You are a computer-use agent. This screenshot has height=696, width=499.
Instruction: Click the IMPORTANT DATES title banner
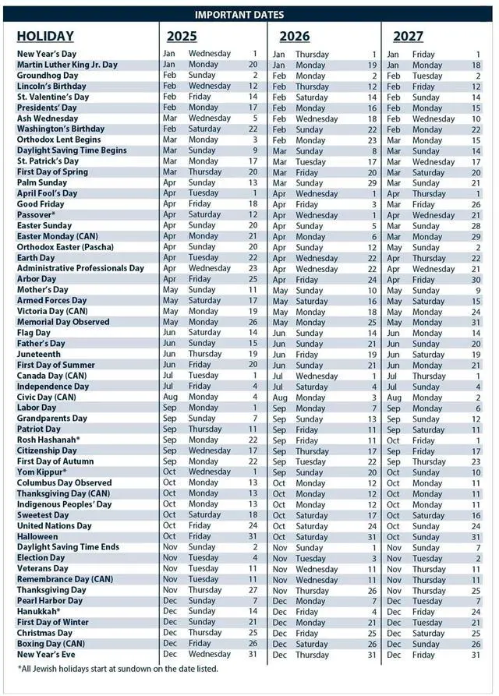249,14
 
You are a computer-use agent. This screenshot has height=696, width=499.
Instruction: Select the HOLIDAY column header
45,36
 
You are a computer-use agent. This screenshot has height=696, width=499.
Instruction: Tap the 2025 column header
182,36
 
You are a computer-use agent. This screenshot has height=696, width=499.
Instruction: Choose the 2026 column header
294,36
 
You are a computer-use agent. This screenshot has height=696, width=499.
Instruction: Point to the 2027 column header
409,36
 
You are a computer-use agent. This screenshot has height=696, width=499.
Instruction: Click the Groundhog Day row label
48,76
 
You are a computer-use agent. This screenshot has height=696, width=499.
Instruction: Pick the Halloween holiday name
37,536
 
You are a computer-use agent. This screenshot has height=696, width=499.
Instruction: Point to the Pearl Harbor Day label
50,601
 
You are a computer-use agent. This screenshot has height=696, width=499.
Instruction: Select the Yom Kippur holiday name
40,472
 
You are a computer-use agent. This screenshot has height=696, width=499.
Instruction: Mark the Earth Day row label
36,258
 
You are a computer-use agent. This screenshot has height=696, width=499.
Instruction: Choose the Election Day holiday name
41,558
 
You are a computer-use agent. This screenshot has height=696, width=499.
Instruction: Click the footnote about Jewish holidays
118,668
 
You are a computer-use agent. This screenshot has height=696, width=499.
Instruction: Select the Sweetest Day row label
43,515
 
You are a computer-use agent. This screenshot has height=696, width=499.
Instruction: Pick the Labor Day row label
37,408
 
